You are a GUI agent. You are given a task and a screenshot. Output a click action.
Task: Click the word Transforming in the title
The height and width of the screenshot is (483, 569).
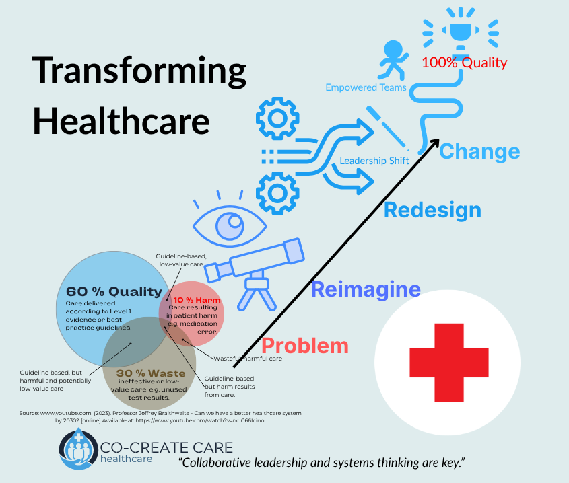139,71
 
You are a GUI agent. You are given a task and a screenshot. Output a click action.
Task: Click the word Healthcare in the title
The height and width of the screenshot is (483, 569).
122,121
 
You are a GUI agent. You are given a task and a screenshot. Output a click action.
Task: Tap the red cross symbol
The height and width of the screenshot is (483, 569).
449,362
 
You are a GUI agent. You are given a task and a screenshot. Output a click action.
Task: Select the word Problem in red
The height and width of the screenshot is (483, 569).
305,346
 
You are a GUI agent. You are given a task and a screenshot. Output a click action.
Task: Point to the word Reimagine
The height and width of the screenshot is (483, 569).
366,289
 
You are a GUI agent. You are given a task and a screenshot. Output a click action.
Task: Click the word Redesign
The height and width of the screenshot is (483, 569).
432,210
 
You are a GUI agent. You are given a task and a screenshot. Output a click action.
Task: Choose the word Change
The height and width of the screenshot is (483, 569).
479,151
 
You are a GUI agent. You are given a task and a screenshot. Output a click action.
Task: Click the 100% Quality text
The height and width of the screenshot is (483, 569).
464,63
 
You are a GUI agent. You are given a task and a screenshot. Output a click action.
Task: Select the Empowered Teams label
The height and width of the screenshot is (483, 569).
366,87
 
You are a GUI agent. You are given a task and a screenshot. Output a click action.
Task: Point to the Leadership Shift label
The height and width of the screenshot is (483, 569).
374,161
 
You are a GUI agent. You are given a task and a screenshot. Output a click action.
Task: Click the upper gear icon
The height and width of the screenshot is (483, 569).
277,118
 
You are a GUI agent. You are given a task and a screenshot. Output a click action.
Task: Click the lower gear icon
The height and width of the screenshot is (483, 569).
277,193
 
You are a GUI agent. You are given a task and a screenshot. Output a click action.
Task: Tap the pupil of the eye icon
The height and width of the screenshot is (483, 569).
230,226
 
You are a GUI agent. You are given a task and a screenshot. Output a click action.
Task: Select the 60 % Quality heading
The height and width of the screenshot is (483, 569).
114,291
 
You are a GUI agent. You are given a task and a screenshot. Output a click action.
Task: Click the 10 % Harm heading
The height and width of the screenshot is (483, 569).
197,300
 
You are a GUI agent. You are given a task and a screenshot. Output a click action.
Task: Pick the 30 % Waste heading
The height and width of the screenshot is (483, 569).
151,373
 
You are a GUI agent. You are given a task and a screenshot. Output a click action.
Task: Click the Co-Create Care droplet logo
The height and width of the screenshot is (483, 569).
78,449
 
